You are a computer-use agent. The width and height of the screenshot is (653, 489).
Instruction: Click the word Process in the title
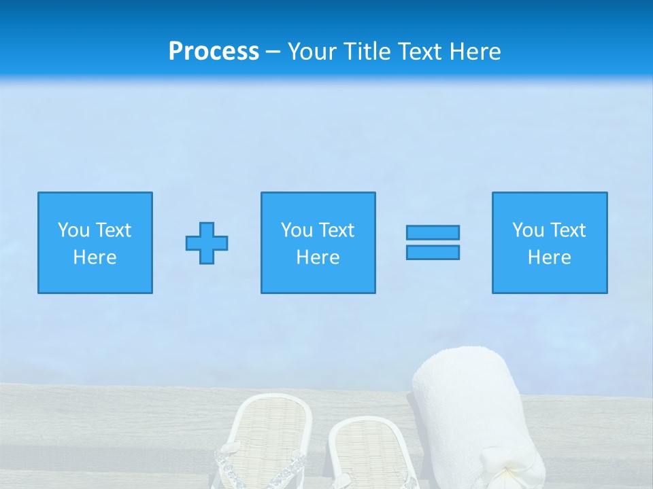tap(214, 52)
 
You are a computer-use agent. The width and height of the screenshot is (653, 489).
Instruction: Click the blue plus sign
tap(207, 243)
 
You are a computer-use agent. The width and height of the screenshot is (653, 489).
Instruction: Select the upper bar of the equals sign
tap(433, 232)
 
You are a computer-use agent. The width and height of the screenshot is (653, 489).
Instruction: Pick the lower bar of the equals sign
tap(433, 252)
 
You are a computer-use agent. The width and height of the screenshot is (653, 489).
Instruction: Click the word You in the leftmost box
tap(73, 230)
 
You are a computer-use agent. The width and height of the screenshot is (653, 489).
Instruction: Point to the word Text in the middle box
tap(337, 230)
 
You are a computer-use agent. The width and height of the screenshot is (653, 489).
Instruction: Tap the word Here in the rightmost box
tap(549, 257)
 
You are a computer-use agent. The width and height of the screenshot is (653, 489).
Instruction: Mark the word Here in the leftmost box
tap(95, 257)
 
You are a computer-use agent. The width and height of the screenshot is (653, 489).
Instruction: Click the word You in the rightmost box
tap(528, 230)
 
